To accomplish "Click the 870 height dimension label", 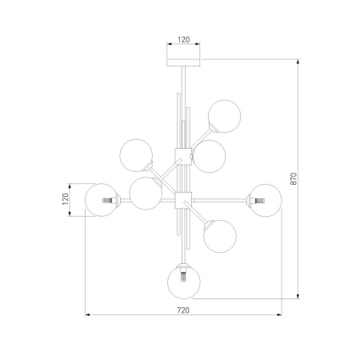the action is coord(293,178).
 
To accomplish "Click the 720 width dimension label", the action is coord(183,310).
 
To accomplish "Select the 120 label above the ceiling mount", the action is coord(183,40).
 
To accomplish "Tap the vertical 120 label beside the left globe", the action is coord(66,199).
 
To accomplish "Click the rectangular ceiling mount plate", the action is coord(183,62).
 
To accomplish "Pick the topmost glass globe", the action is coord(225,116).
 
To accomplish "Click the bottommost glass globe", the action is coord(184,282).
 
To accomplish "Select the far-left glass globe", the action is coord(102,200).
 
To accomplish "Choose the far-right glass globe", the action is coord(266,200).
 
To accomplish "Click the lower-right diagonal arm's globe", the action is coord(220,236).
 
